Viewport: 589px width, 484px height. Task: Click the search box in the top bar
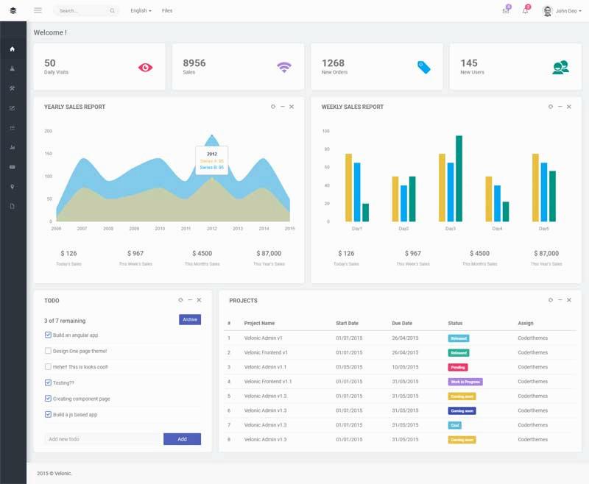(85, 11)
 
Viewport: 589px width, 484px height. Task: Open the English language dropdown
(141, 11)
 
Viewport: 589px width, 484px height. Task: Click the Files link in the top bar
(167, 11)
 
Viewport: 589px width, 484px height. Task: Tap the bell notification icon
(525, 11)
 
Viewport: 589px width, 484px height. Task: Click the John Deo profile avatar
(547, 11)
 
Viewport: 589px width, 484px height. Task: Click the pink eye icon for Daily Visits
(145, 67)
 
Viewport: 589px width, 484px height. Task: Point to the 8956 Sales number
(194, 63)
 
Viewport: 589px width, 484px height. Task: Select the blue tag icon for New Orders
(423, 67)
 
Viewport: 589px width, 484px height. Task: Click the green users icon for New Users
(560, 67)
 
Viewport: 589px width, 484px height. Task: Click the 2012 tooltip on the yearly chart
(212, 160)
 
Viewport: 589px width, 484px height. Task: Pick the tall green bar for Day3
(459, 178)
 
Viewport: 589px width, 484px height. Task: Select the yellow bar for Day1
(348, 187)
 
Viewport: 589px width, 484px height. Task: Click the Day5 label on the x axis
(543, 229)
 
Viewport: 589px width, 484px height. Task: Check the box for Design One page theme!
(48, 351)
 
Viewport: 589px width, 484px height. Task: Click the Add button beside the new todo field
(182, 439)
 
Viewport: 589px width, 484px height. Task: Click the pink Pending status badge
(458, 366)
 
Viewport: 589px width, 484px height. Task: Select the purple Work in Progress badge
(465, 382)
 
